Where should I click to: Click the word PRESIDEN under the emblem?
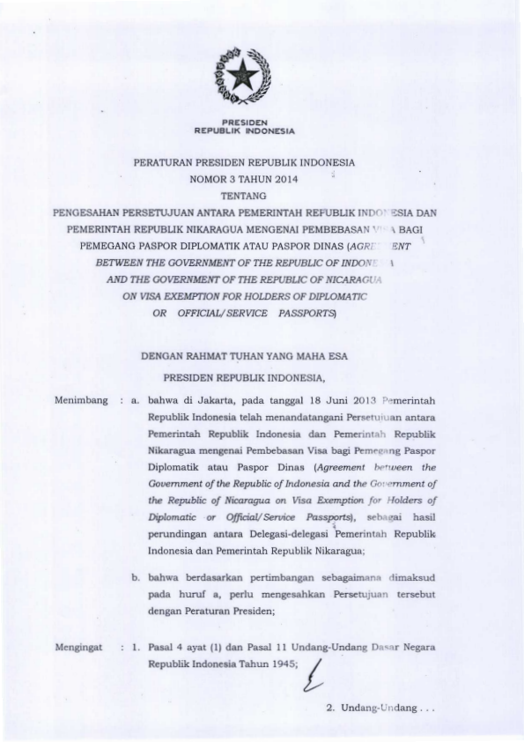tap(244, 122)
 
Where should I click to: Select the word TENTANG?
tap(244, 197)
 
